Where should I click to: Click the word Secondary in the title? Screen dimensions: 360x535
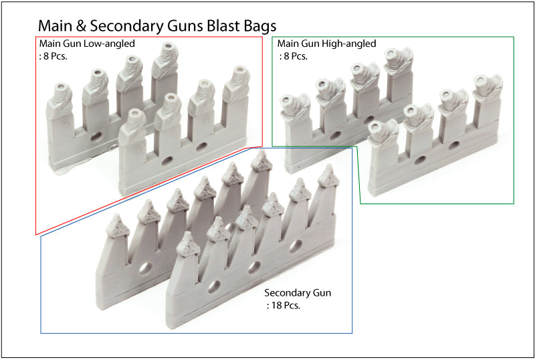coord(139,25)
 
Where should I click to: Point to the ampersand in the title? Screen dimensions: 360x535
coord(94,25)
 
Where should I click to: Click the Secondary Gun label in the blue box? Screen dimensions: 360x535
coord(298,293)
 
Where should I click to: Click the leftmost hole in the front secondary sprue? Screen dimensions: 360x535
coord(213,286)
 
